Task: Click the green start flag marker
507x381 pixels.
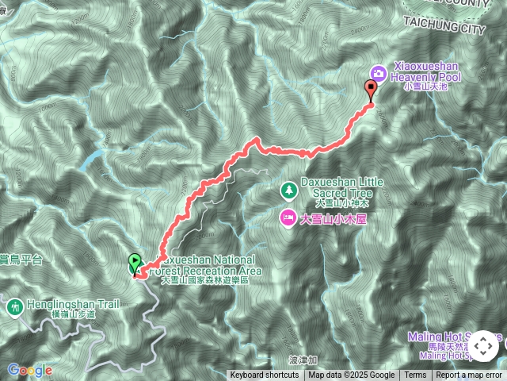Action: pos(135,263)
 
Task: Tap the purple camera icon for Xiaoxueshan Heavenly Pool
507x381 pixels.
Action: pos(378,73)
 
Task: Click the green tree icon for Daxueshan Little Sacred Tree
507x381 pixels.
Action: pos(288,190)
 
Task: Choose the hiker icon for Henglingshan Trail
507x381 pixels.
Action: pos(14,306)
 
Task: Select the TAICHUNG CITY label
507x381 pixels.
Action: pos(444,29)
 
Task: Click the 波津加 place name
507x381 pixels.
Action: pos(303,360)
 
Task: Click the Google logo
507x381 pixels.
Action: pos(29,370)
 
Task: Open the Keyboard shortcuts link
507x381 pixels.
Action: pos(265,375)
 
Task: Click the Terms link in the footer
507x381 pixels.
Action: pos(415,375)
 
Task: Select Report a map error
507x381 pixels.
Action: pos(469,375)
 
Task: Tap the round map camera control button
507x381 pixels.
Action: pos(484,346)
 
